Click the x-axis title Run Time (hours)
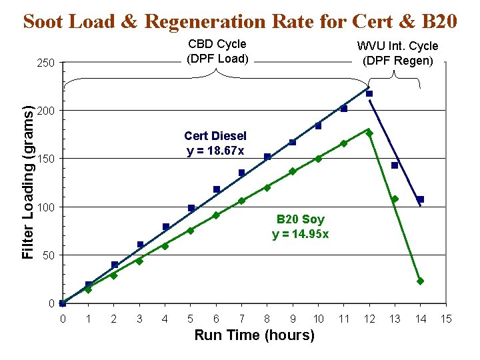tap(254, 335)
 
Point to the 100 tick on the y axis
tap(46, 207)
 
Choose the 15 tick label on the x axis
tap(446, 319)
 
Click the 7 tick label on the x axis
tap(241, 319)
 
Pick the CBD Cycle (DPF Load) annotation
tap(217, 51)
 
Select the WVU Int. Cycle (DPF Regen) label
tap(397, 53)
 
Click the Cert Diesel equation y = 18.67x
tap(215, 143)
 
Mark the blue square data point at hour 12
tap(369, 93)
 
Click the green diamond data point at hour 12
tap(369, 133)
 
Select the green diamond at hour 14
tap(420, 281)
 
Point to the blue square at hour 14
tap(420, 199)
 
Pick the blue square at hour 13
tap(395, 165)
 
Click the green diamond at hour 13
tap(395, 199)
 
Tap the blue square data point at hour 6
tap(216, 189)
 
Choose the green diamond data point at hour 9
tap(293, 171)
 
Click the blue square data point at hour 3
tap(140, 245)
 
